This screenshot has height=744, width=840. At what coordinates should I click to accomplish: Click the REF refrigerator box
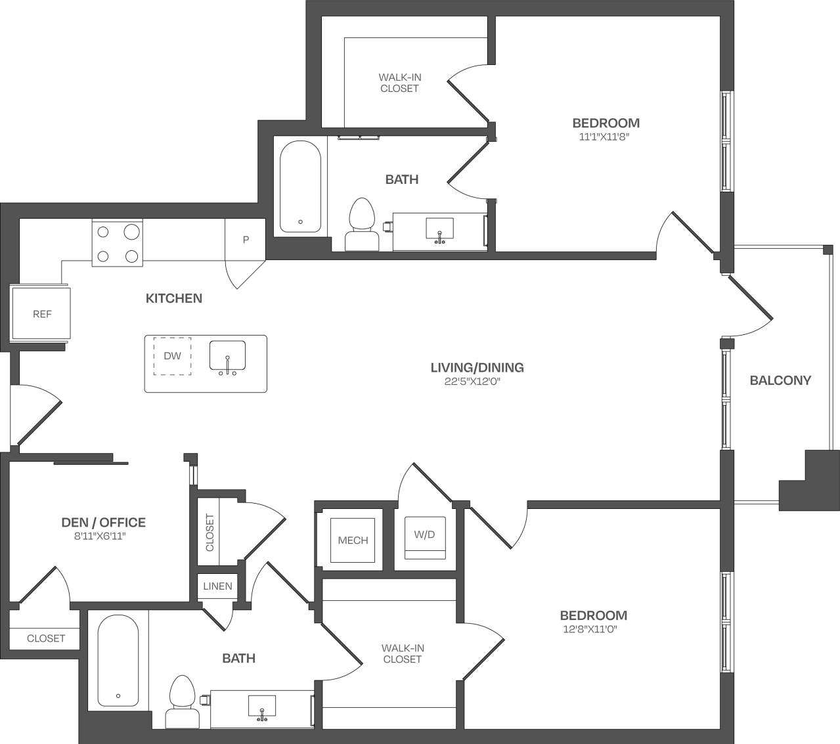41,314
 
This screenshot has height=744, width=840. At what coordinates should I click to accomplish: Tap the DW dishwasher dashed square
173,356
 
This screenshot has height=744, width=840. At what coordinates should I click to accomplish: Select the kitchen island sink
227,357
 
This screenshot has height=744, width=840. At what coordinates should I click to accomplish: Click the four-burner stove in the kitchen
118,244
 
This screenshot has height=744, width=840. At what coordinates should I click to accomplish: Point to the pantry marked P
246,240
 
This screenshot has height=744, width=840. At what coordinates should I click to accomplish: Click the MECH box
353,540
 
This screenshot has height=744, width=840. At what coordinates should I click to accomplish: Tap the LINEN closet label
217,586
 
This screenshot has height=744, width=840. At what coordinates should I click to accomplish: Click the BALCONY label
780,380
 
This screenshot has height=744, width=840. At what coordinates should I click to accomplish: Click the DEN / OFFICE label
103,523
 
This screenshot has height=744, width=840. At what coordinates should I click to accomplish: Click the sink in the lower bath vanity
262,707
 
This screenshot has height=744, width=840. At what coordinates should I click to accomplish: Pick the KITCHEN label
173,298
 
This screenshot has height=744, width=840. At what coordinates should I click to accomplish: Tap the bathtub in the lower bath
118,660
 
